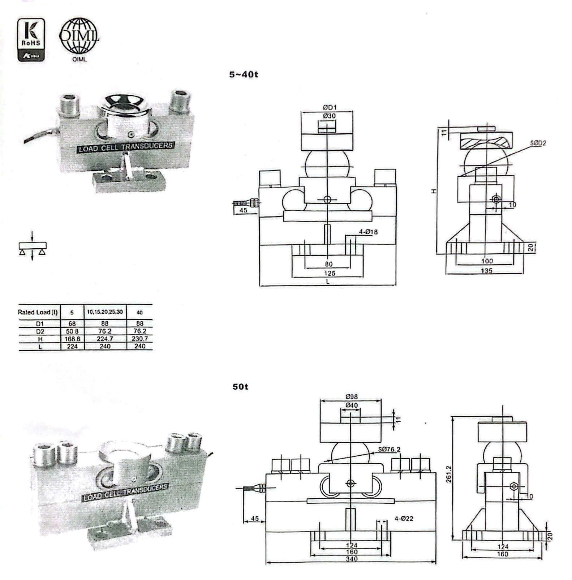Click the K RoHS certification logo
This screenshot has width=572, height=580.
(31, 39)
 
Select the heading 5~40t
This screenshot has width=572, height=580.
(244, 75)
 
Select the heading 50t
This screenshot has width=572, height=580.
(240, 387)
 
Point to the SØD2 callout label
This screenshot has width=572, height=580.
(538, 143)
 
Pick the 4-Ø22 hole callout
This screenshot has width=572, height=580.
(404, 519)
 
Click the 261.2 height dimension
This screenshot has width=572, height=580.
(448, 479)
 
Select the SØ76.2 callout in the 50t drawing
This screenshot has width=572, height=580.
(389, 450)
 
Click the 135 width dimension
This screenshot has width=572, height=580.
(487, 270)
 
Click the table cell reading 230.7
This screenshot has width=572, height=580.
(140, 339)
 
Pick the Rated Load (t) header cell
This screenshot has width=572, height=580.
(38, 312)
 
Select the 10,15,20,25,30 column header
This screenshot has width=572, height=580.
(105, 312)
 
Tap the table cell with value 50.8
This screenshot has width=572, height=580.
(73, 331)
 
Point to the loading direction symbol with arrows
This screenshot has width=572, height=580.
(32, 246)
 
